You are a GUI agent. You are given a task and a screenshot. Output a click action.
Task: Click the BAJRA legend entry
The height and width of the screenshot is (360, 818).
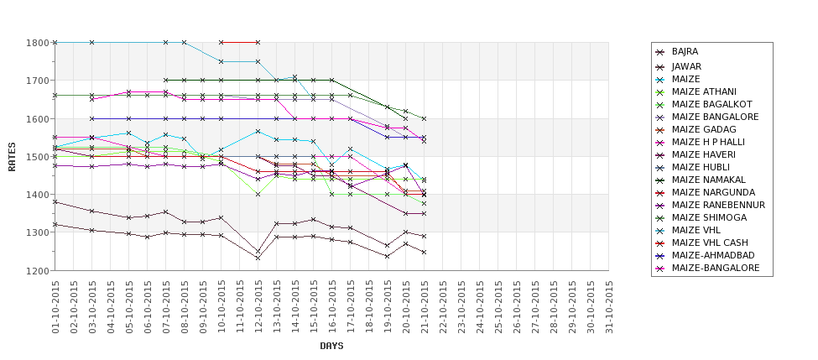pos(685,52)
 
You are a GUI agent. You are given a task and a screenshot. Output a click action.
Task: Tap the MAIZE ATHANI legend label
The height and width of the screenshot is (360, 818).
pos(704,91)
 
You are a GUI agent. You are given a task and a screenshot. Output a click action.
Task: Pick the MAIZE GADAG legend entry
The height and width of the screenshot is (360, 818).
pos(704,129)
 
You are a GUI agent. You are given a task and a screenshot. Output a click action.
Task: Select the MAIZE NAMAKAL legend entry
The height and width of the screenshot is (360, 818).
pos(710,180)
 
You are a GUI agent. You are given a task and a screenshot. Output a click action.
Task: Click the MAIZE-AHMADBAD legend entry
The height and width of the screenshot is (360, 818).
pos(713,255)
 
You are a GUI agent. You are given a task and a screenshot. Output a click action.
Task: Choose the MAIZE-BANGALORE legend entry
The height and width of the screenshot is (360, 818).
pos(716,268)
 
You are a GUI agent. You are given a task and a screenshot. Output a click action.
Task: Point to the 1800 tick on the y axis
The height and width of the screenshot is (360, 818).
pos(38,42)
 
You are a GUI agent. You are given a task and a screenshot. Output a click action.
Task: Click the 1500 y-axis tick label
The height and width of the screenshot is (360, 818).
pos(38,156)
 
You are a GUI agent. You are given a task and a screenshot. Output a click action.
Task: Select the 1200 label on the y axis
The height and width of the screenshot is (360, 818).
pos(38,270)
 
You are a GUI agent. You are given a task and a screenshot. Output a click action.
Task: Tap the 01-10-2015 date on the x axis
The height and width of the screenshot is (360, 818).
pos(55,305)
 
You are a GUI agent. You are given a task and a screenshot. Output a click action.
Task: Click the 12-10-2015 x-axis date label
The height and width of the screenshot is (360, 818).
pos(258,305)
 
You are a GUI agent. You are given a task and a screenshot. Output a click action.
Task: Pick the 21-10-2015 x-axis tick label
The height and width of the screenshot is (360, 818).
pos(425,305)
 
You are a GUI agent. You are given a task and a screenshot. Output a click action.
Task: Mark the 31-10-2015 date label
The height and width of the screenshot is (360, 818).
pos(609,305)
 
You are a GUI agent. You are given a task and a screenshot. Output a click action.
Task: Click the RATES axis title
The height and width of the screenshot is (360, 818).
pos(12,156)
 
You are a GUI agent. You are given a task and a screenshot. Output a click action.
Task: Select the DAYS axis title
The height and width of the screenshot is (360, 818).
pos(331,346)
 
